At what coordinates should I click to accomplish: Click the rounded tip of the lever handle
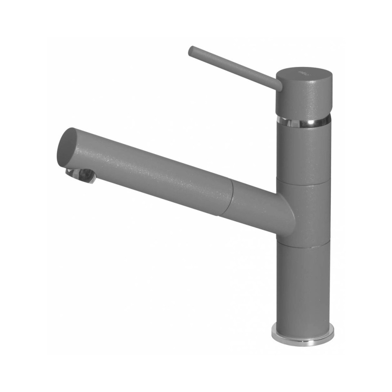pos(191,51)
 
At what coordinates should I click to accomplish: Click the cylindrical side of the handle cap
pos(302,98)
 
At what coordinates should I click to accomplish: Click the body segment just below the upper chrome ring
pos(302,153)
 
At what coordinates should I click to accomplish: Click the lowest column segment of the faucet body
pos(302,287)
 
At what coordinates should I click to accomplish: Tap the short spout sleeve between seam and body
pos(256,205)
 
